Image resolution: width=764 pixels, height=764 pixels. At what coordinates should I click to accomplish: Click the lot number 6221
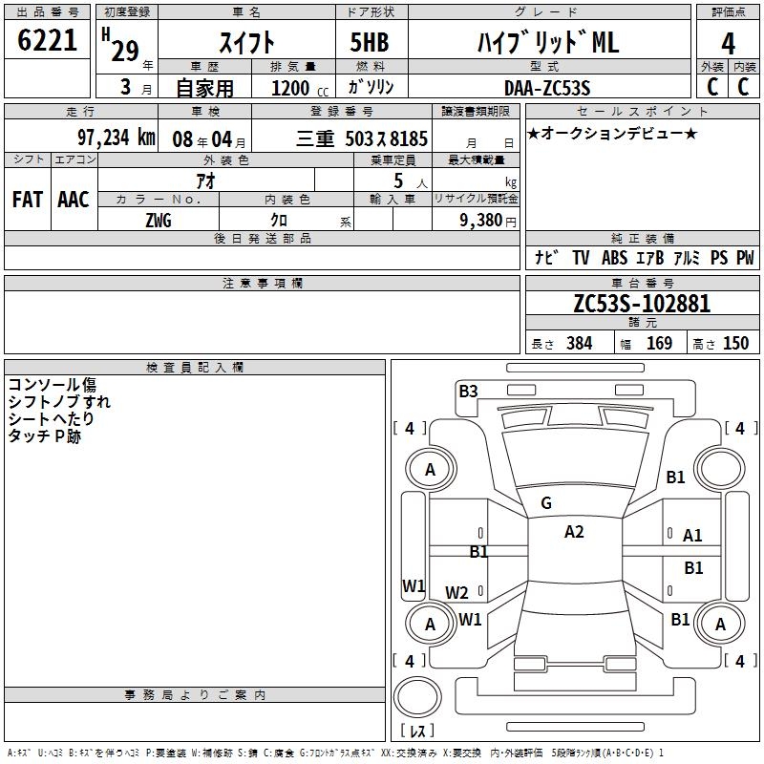pos(47,42)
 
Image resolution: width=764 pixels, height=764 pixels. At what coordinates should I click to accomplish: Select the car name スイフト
pos(247,42)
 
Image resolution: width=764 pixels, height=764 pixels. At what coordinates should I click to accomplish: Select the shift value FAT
pos(27,199)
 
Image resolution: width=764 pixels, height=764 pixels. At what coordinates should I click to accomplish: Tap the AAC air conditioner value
pos(74,199)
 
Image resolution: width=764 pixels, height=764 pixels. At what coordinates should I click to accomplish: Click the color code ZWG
pos(159,221)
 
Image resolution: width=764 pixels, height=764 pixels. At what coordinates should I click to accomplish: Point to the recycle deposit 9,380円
pos(482,221)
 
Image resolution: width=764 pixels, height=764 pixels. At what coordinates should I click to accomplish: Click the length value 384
pos(579,344)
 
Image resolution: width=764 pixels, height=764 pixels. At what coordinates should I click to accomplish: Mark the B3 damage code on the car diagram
pos(468,391)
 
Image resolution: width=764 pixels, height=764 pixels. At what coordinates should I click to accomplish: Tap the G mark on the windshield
pos(546,503)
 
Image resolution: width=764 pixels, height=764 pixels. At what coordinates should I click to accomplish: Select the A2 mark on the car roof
pos(574,532)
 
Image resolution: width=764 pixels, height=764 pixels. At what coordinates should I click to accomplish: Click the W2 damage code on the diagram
pos(456,592)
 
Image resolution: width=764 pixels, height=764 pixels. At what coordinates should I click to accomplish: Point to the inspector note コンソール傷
pos(52,385)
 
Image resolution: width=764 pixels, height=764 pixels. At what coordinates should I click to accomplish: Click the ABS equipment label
pos(617,258)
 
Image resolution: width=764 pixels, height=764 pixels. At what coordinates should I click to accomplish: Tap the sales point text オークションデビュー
pos(611,133)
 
